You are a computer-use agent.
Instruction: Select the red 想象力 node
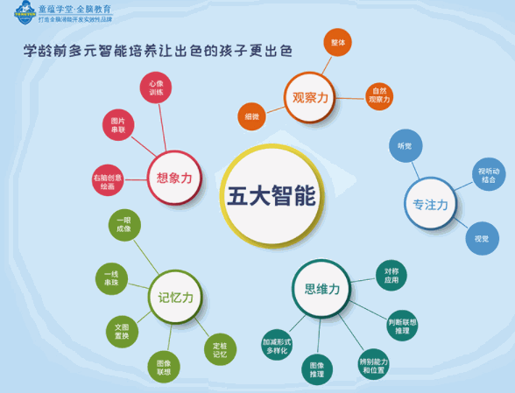coord(173,178)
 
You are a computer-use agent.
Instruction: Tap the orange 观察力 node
coord(310,98)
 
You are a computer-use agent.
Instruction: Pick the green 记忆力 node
coord(175,298)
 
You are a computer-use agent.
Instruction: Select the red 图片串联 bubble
coord(118,123)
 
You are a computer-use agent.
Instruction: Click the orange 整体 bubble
coord(337,42)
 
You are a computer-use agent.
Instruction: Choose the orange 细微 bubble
coord(251,116)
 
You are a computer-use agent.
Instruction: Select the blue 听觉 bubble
coord(405,144)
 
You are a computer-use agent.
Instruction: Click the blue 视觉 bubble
coord(481,238)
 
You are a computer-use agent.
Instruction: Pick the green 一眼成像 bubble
coord(124,225)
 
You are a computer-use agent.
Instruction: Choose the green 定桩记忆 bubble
coord(220,349)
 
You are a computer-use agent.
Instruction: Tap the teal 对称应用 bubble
coord(391,277)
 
